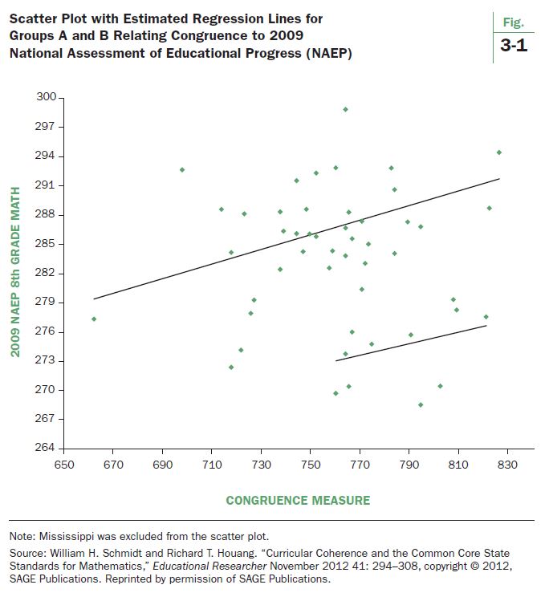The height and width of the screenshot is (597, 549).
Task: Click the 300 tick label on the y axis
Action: pos(47,97)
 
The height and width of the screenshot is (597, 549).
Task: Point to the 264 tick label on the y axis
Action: pos(47,448)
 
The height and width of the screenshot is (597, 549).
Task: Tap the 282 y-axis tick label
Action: pos(47,273)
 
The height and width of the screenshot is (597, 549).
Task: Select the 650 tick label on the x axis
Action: pos(63,465)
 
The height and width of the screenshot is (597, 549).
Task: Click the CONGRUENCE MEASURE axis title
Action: pos(298,501)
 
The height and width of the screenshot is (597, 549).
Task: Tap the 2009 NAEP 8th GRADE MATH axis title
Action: pos(15,272)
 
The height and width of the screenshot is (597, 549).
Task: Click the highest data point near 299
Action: pos(345,109)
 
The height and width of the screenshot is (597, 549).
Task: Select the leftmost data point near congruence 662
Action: pos(94,319)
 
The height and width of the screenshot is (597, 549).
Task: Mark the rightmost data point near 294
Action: pos(498,152)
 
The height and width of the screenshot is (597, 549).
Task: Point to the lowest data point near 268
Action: pos(421,404)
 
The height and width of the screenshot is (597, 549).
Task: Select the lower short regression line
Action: pos(411,343)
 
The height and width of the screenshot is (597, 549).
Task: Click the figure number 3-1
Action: pos(513,47)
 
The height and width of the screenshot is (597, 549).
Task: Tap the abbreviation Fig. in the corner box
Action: pos(513,23)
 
